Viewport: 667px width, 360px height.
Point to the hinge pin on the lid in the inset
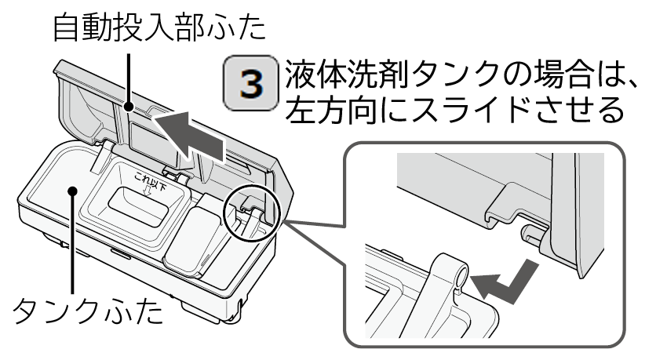click(x=528, y=231)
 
